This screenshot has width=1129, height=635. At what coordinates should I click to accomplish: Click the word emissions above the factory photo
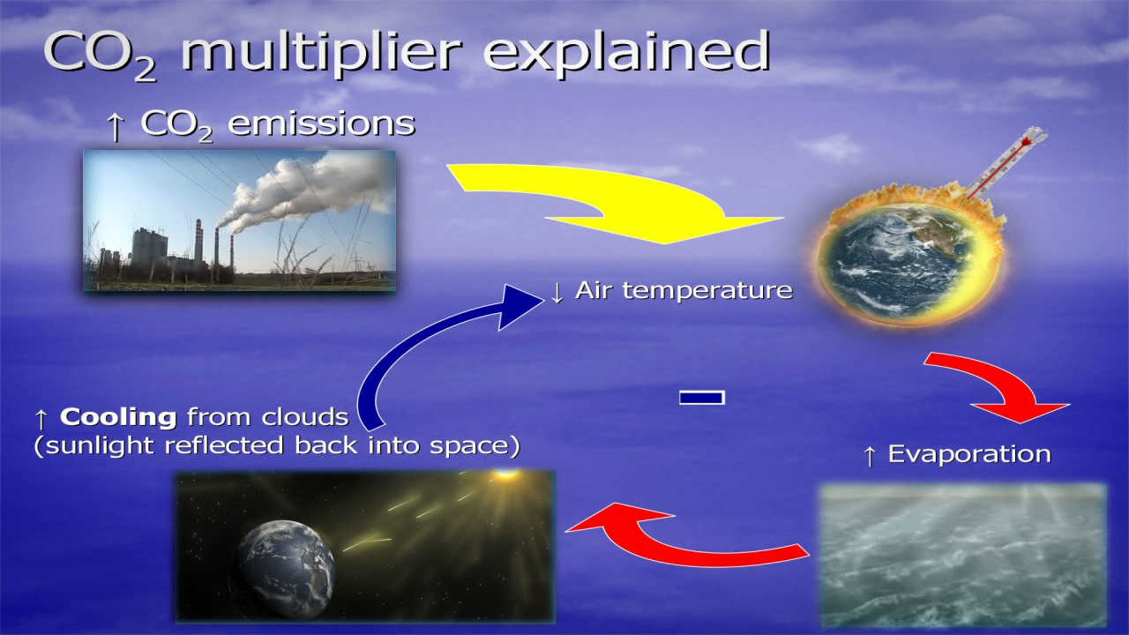(322, 123)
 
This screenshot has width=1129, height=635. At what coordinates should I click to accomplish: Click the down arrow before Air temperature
(557, 292)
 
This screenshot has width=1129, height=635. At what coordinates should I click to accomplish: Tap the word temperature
(707, 291)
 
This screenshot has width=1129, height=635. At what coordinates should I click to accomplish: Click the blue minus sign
(702, 398)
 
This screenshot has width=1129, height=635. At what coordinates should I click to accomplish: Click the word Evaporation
(969, 453)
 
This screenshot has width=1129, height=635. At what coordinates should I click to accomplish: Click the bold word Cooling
(118, 417)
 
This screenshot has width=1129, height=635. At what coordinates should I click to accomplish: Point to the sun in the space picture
(506, 474)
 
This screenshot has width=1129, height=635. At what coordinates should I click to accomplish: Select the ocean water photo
(964, 556)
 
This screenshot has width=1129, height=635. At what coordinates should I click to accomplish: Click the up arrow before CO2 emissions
(116, 127)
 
